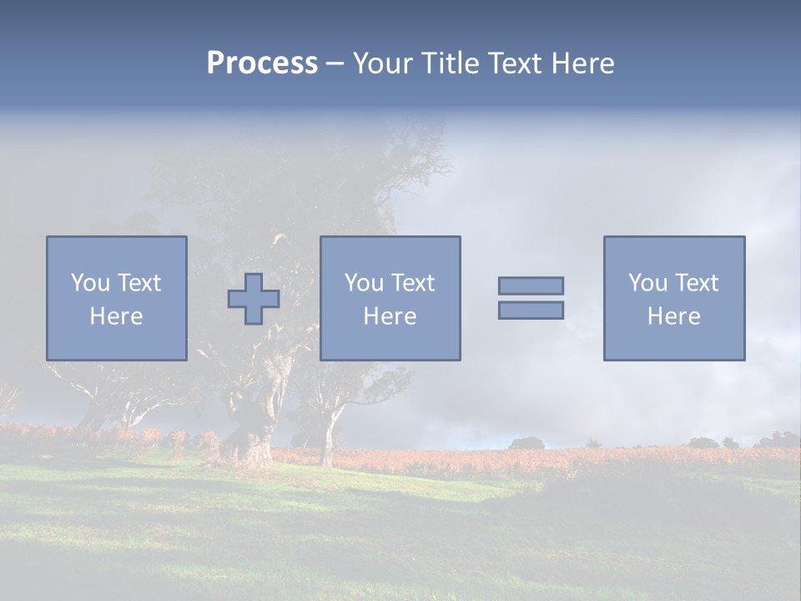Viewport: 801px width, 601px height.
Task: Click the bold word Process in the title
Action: pyautogui.click(x=262, y=63)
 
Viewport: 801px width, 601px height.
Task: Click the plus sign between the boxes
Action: pyautogui.click(x=254, y=298)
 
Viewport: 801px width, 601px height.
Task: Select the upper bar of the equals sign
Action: pyautogui.click(x=531, y=285)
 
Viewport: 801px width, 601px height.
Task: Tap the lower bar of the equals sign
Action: pyautogui.click(x=531, y=311)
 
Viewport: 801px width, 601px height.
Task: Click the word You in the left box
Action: pyautogui.click(x=90, y=283)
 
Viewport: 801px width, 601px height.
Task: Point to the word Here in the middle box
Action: pyautogui.click(x=390, y=316)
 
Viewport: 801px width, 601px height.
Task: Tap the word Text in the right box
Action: pyautogui.click(x=698, y=283)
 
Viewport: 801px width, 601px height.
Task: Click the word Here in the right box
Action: pyautogui.click(x=673, y=316)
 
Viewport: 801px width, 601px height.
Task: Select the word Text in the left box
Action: pyautogui.click(x=139, y=283)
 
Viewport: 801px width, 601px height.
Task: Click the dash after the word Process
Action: pyautogui.click(x=334, y=64)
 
